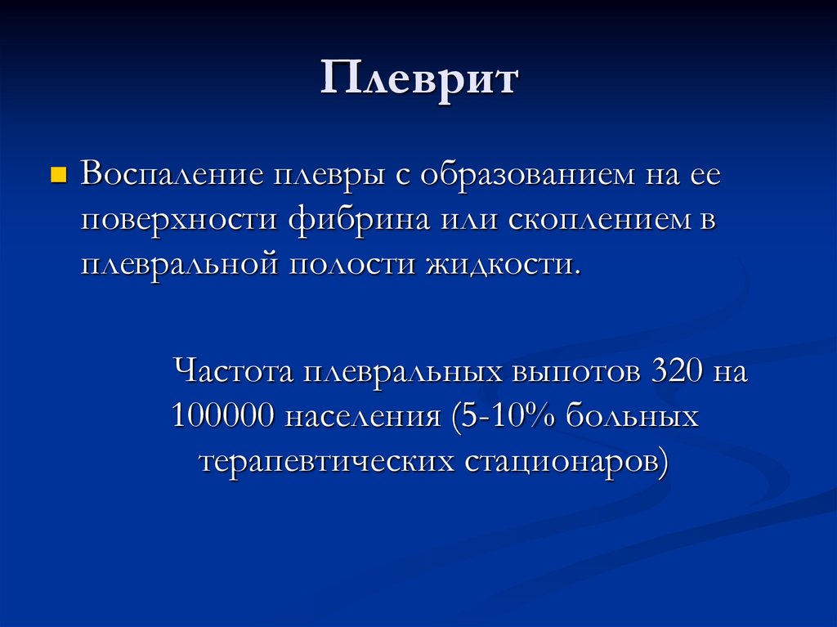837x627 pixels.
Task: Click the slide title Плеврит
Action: pos(419,79)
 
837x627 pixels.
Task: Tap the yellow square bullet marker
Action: pos(58,175)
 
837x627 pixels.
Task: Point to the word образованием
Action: pos(527,175)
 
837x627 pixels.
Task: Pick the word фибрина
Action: pos(359,220)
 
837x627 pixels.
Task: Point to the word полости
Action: pos(352,265)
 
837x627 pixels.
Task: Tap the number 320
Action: pos(676,370)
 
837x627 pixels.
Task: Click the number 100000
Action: pos(222,415)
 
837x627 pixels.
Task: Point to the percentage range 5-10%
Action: pos(503,416)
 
